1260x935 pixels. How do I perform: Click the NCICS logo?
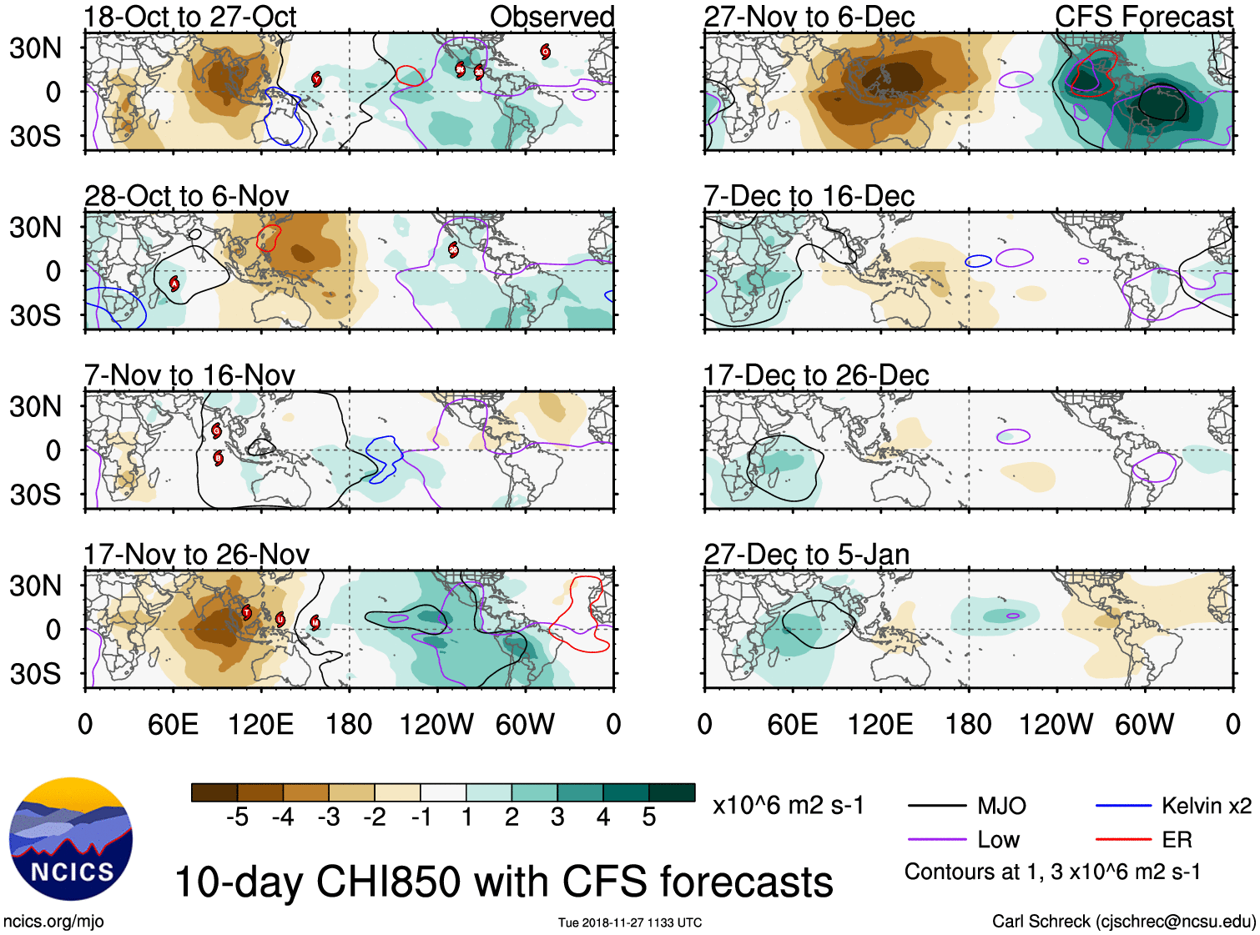[x=70, y=839]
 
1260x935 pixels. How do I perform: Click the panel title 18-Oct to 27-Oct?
[x=190, y=17]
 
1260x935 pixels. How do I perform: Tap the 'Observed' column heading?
[x=552, y=17]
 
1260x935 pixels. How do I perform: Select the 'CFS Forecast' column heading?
[x=1143, y=17]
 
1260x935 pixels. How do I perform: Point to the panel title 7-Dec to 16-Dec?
[x=809, y=196]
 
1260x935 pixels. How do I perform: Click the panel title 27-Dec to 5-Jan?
[x=806, y=555]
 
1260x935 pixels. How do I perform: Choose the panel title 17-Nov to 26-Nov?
[x=196, y=555]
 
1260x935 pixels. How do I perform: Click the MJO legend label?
[x=1001, y=806]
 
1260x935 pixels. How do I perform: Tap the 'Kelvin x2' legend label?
[x=1206, y=806]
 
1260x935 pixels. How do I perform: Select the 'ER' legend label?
[x=1177, y=840]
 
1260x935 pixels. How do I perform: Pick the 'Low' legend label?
[x=998, y=840]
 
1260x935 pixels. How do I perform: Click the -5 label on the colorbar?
[x=237, y=817]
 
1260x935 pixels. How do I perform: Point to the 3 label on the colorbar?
[x=557, y=817]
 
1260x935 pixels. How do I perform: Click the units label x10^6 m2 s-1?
[x=788, y=806]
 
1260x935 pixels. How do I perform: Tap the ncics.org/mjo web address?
[x=53, y=922]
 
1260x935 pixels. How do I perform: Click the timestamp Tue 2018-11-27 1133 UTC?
[x=630, y=922]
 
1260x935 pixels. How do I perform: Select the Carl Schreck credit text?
[x=1123, y=922]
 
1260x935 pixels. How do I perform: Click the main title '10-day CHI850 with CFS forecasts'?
[x=503, y=882]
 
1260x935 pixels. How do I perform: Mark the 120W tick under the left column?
[x=436, y=724]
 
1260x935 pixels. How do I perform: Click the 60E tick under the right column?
[x=792, y=724]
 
